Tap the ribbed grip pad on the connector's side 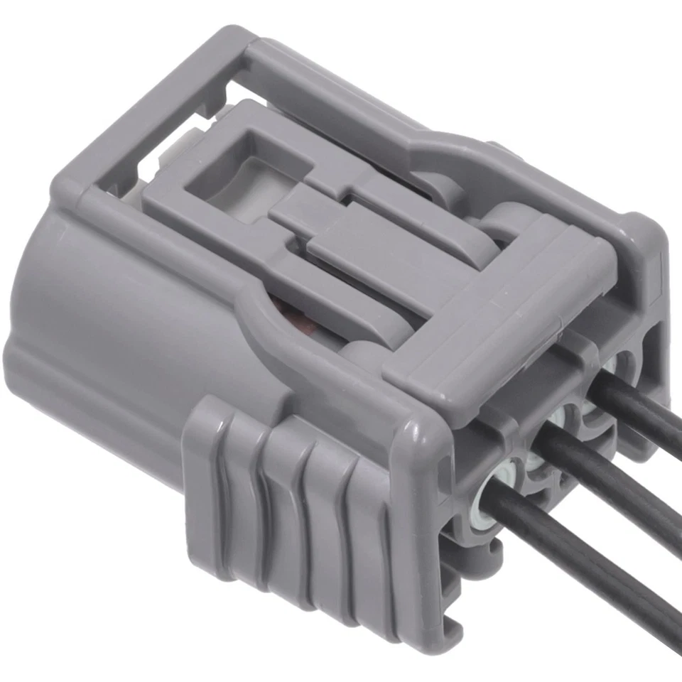point(284,497)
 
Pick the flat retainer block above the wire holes point(497,313)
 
